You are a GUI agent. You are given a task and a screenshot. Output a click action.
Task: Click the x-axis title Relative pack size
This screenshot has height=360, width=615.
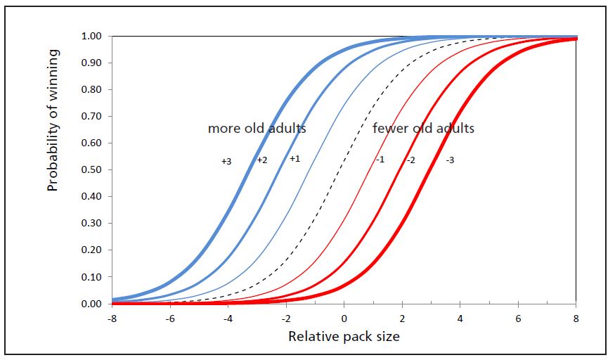(x=344, y=337)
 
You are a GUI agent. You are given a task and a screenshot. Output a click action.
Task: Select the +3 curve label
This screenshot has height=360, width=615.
(x=226, y=162)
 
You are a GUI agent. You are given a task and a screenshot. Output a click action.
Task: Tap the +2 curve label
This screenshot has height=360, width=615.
(x=261, y=160)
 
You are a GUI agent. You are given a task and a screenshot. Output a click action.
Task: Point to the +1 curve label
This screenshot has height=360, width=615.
(x=294, y=159)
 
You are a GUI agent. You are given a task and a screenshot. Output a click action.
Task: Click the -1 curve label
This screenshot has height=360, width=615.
(x=379, y=160)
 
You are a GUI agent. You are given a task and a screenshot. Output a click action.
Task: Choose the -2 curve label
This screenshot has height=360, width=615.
(x=410, y=160)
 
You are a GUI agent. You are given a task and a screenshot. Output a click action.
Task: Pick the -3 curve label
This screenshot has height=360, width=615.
(x=450, y=160)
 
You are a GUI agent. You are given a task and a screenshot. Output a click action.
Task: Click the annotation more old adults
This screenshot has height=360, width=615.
(x=257, y=129)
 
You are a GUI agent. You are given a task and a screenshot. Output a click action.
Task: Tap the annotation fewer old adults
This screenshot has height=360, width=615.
(x=423, y=129)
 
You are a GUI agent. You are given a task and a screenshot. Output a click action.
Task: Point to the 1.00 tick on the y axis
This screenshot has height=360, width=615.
(x=92, y=37)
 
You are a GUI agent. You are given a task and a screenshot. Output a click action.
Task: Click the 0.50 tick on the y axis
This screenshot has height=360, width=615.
(x=92, y=170)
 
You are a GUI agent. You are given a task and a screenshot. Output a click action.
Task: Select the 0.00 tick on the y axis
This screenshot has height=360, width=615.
(x=92, y=304)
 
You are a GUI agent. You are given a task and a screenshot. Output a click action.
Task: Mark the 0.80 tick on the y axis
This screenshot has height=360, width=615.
(x=92, y=90)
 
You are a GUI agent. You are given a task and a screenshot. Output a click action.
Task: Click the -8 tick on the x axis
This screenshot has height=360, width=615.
(x=111, y=317)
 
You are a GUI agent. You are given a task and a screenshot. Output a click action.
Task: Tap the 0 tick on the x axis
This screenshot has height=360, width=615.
(x=344, y=317)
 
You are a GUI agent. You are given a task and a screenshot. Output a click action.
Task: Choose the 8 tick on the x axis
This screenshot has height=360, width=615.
(x=576, y=317)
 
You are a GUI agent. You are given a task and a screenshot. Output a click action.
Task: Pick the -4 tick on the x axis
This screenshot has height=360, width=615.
(x=227, y=317)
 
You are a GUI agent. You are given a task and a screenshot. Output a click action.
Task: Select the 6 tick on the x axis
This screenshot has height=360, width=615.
(x=518, y=317)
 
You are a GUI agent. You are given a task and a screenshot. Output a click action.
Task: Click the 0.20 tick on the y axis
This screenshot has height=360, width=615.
(x=92, y=250)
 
